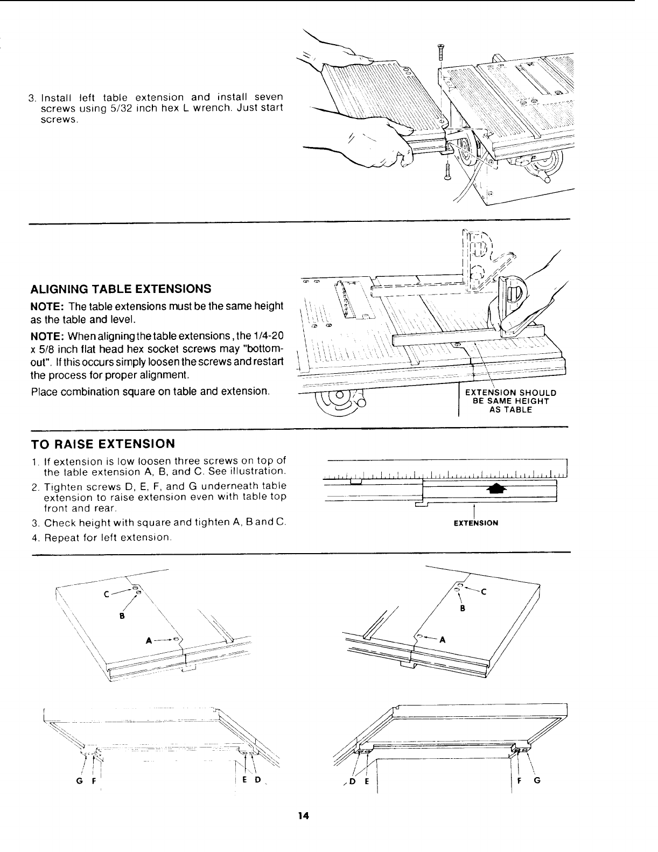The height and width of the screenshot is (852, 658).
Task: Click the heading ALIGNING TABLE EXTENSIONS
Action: [120, 288]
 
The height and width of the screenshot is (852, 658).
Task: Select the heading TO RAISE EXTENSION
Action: [103, 444]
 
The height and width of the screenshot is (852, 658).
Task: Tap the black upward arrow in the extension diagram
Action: [496, 488]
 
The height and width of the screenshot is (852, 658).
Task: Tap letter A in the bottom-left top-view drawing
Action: [149, 641]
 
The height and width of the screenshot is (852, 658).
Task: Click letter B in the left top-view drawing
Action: [122, 616]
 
